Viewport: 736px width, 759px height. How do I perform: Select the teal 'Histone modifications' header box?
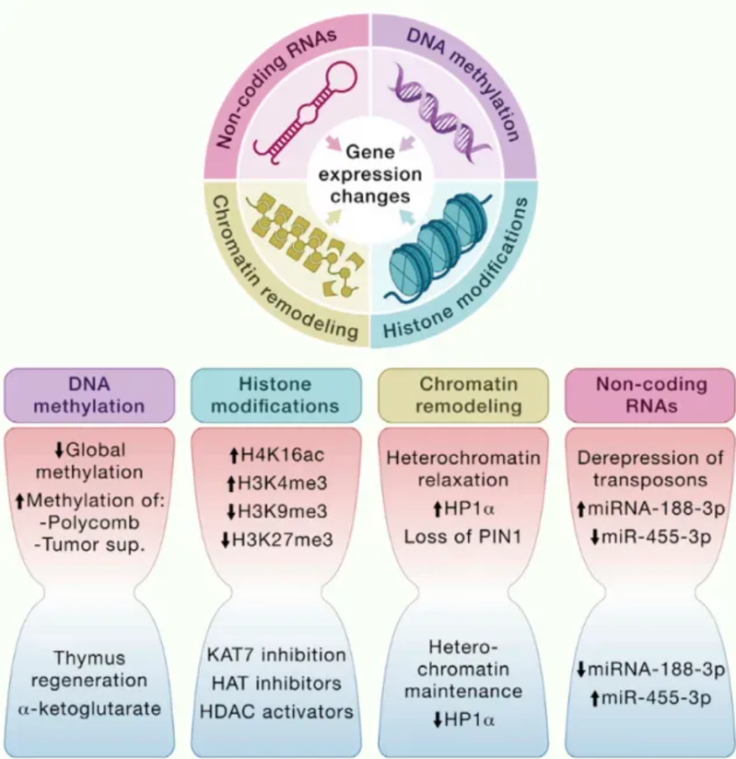[275, 393]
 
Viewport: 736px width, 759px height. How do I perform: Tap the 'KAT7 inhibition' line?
[275, 655]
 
